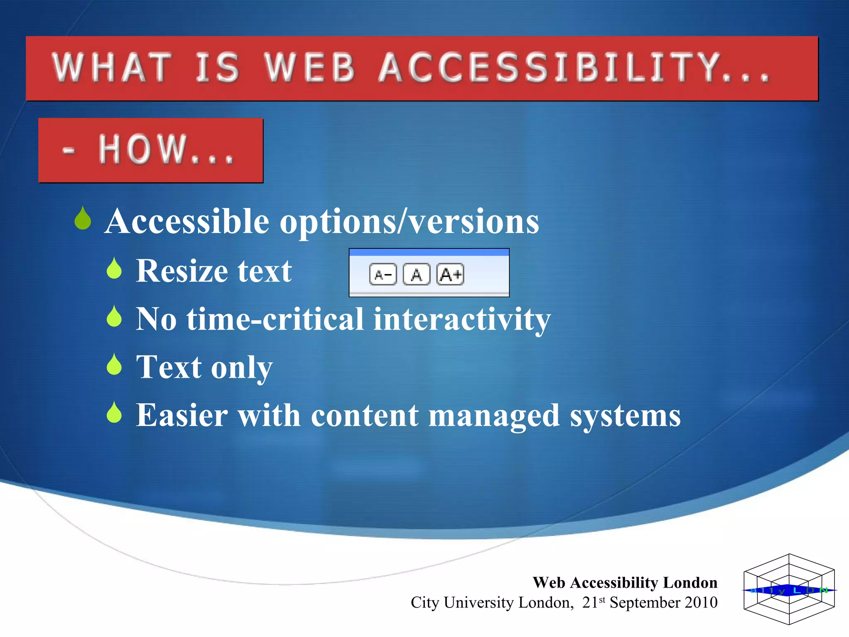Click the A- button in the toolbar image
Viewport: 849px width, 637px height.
383,275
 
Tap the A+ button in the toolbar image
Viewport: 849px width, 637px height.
450,275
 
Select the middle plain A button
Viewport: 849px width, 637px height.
417,275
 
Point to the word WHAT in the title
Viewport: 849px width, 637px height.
112,68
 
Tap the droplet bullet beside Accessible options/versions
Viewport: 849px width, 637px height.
83,219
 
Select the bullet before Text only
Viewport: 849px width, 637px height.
114,365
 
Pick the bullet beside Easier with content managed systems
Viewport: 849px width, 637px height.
114,413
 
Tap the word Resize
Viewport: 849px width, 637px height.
182,271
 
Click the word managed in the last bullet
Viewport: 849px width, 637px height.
494,416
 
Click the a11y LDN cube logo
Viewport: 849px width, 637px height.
789,589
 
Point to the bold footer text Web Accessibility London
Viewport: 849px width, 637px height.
625,583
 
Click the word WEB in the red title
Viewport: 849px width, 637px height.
310,68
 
